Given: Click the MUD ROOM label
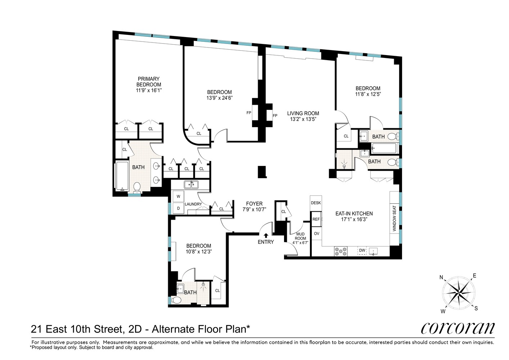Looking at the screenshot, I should pyautogui.click(x=300, y=237).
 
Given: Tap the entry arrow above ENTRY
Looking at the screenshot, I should pyautogui.click(x=266, y=235).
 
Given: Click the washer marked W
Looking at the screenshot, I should pyautogui.click(x=178, y=197).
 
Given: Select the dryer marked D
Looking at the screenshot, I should pyautogui.click(x=178, y=208).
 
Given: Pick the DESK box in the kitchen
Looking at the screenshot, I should pyautogui.click(x=316, y=203).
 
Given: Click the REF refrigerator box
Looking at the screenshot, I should pyautogui.click(x=316, y=219).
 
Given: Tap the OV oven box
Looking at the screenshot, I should pyautogui.click(x=316, y=234).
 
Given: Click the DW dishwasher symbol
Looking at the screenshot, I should pyautogui.click(x=362, y=251).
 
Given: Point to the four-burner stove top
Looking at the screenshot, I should pyautogui.click(x=340, y=251).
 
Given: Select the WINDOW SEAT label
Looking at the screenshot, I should pyautogui.click(x=394, y=219).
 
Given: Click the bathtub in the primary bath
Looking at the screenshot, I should pyautogui.click(x=122, y=176).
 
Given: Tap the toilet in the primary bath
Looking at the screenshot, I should pyautogui.click(x=137, y=187).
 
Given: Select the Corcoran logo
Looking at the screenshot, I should pyautogui.click(x=458, y=328).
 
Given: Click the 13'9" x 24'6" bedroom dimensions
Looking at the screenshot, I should pyautogui.click(x=219, y=98).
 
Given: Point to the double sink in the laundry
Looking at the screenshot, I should pyautogui.click(x=191, y=185).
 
